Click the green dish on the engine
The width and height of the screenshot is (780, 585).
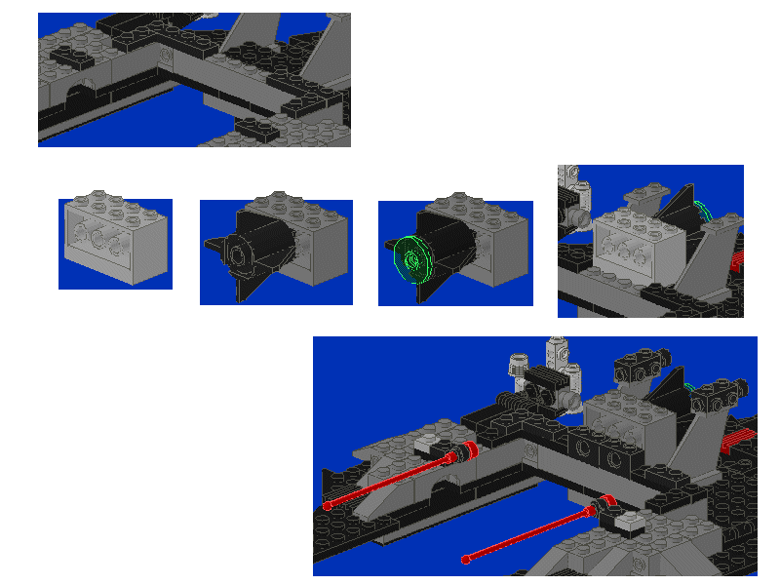pos(413,261)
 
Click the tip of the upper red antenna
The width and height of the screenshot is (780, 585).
pos(327,505)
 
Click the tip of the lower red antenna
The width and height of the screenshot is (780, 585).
pos(467,561)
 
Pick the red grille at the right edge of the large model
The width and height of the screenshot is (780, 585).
pos(740,435)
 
